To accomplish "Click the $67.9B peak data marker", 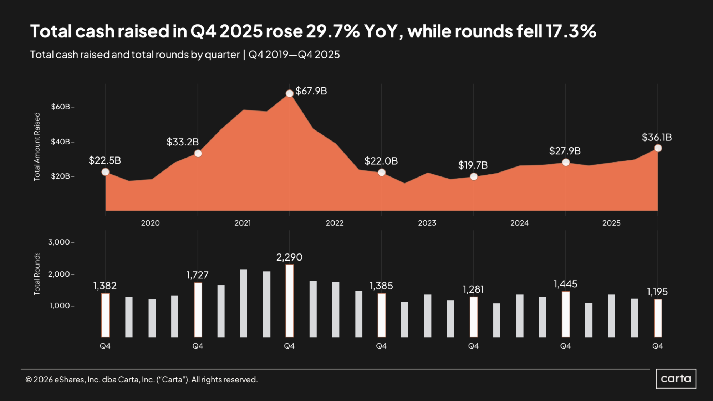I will coord(289,93).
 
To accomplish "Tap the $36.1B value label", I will coord(657,137).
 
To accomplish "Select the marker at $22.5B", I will coord(105,172).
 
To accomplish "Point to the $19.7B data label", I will coord(473,165).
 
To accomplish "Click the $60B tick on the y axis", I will coord(61,107).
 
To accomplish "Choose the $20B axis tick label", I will coord(61,176).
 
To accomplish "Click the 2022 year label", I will coord(334,223).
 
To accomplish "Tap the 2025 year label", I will coord(611,223).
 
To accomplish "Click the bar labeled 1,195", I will coord(658,318).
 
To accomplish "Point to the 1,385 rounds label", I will coord(381,286).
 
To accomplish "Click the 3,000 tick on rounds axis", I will coord(59,242).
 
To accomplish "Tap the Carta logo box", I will coord(676,379).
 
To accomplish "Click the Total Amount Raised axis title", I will coord(37,146).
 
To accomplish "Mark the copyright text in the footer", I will coord(141,380).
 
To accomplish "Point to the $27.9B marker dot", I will coord(566,163).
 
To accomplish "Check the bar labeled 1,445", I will coord(566,314).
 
